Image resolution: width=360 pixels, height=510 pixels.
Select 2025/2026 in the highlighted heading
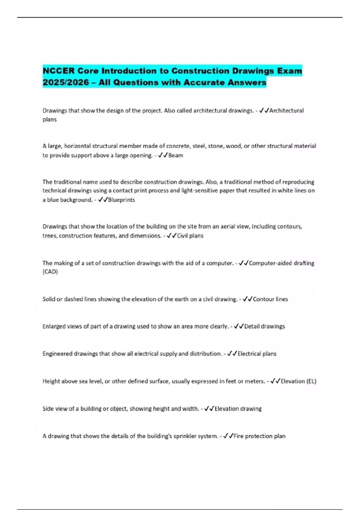click(66, 82)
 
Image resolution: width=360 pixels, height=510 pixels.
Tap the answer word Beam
click(176, 155)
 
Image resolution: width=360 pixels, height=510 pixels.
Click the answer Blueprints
click(121, 200)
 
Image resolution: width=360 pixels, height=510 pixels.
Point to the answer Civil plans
click(190, 236)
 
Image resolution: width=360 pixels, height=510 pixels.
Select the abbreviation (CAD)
click(50, 272)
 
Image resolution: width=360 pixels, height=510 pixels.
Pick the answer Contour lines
click(270, 299)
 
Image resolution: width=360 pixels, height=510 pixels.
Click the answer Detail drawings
click(265, 326)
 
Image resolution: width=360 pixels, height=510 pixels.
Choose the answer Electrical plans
click(257, 354)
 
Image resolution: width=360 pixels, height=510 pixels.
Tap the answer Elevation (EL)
click(298, 381)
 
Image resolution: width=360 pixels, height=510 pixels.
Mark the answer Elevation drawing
click(238, 409)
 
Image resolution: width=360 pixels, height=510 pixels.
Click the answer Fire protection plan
click(259, 436)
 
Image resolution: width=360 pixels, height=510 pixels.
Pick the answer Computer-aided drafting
click(281, 263)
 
